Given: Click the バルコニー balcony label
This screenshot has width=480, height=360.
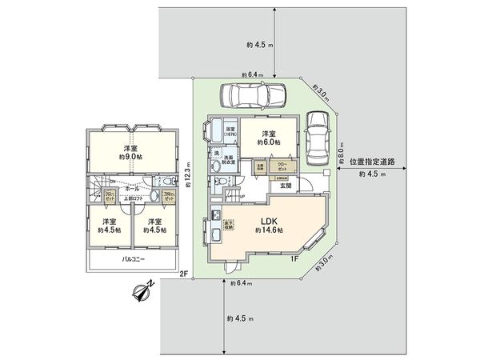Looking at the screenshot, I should (133, 260).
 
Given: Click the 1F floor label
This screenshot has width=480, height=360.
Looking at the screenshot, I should (294, 258).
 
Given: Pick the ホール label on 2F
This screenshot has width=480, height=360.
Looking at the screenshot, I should (132, 189).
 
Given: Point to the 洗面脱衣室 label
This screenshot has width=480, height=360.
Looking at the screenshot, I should (229, 160).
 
